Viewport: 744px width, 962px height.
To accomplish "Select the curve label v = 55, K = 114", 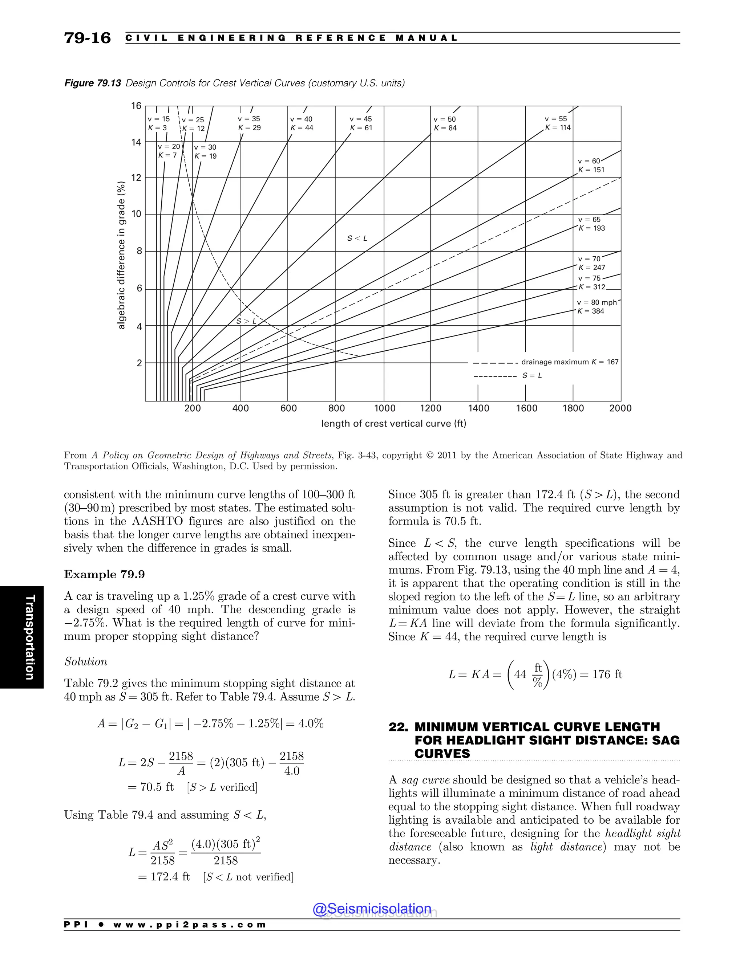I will coord(558,123).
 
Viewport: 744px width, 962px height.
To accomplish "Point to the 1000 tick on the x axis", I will coord(384,408).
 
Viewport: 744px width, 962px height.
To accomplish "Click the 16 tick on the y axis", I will coord(136,106).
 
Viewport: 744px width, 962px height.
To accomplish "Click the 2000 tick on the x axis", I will coord(620,408).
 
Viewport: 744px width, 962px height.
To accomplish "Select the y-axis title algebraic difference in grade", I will coord(122,256).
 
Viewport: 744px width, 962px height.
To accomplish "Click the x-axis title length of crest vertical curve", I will coord(393,424).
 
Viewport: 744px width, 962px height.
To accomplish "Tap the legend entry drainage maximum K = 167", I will coord(570,362).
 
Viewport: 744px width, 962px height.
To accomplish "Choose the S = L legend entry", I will coord(532,376).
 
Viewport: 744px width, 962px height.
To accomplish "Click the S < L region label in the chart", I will coord(357,238).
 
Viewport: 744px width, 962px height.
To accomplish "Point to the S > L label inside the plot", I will coord(246,321).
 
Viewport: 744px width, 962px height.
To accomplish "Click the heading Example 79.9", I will coord(105,574).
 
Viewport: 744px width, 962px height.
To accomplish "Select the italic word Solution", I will coord(86,661).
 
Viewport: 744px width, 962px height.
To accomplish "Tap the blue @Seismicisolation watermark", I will coord(372,909).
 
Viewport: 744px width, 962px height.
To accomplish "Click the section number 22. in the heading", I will coord(398,727).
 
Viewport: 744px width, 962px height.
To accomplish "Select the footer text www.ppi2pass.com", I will coord(190,925).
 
